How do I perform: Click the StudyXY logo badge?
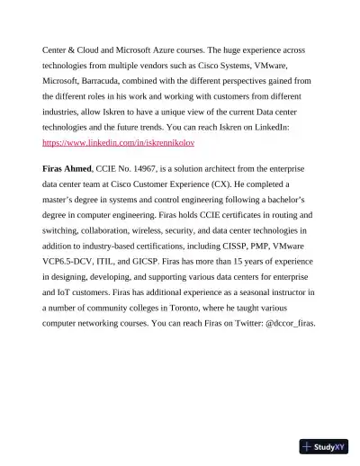(x=324, y=446)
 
